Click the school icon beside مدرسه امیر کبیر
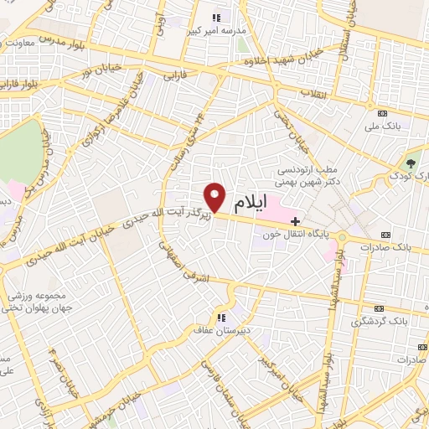216,17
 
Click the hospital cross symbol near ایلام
293,220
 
